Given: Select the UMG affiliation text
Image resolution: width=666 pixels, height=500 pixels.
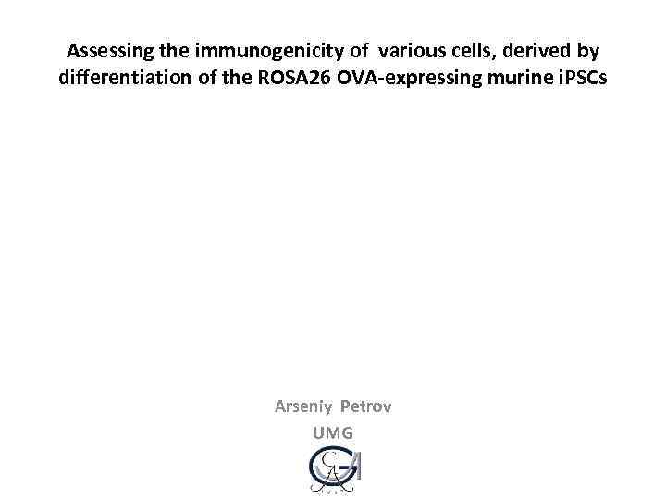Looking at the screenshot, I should click(x=333, y=432).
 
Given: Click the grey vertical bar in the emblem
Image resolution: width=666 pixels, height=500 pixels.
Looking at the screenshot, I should click(x=357, y=467).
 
